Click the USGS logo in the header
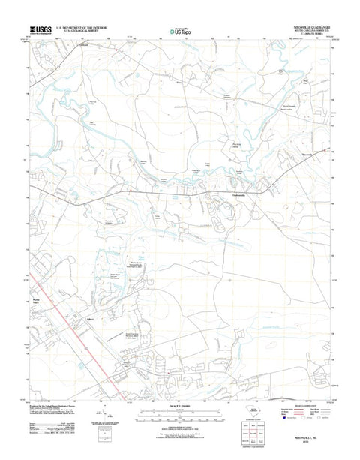click(x=38, y=32)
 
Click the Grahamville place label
click(x=235, y=194)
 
